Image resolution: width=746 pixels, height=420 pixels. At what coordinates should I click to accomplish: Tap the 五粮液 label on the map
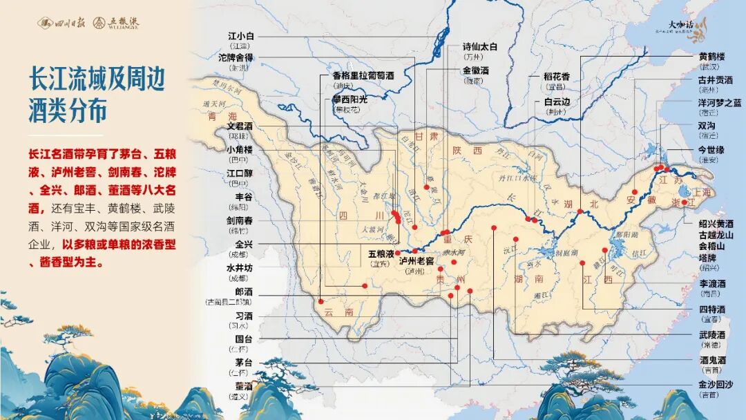tap(381, 254)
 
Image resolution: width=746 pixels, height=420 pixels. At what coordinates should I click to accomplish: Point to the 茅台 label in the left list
tap(244, 363)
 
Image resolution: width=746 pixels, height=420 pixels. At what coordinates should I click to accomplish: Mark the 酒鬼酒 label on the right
tap(712, 360)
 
